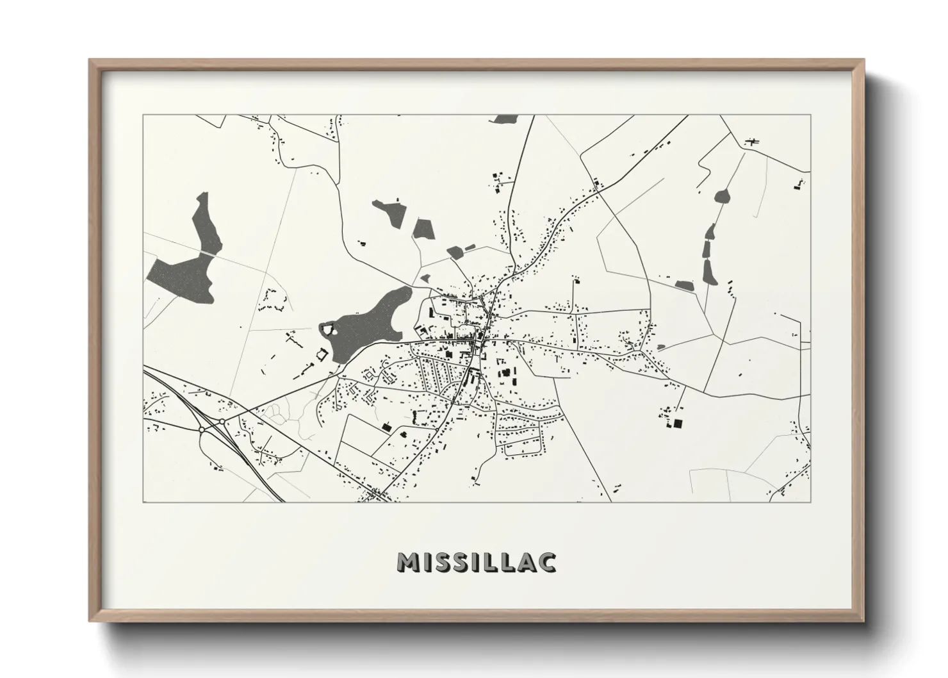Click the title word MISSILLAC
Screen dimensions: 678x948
pyautogui.click(x=477, y=562)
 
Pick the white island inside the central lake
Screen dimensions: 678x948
pyautogui.click(x=329, y=329)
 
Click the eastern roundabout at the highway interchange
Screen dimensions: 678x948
pyautogui.click(x=222, y=422)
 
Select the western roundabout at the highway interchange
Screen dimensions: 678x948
pyautogui.click(x=201, y=429)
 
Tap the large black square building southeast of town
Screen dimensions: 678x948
pyautogui.click(x=677, y=423)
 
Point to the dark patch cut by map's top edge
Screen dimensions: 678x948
pyautogui.click(x=505, y=119)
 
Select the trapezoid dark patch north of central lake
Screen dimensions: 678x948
pyautogui.click(x=423, y=229)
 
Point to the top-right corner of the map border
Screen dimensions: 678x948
pyautogui.click(x=810, y=115)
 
